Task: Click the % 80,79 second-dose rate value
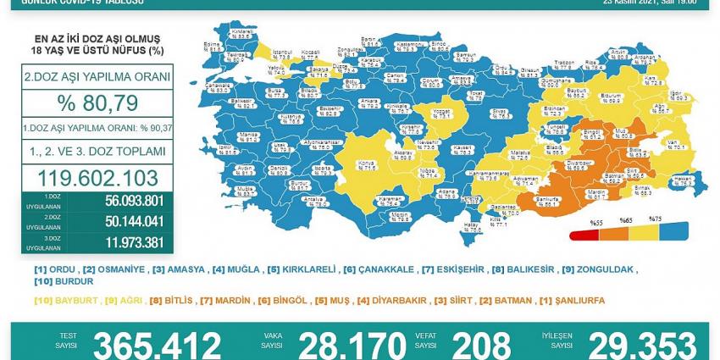[97, 103]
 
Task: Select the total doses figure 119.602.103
[97, 178]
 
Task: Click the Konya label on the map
[367, 167]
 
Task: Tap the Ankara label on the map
[369, 102]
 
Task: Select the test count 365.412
[157, 346]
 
